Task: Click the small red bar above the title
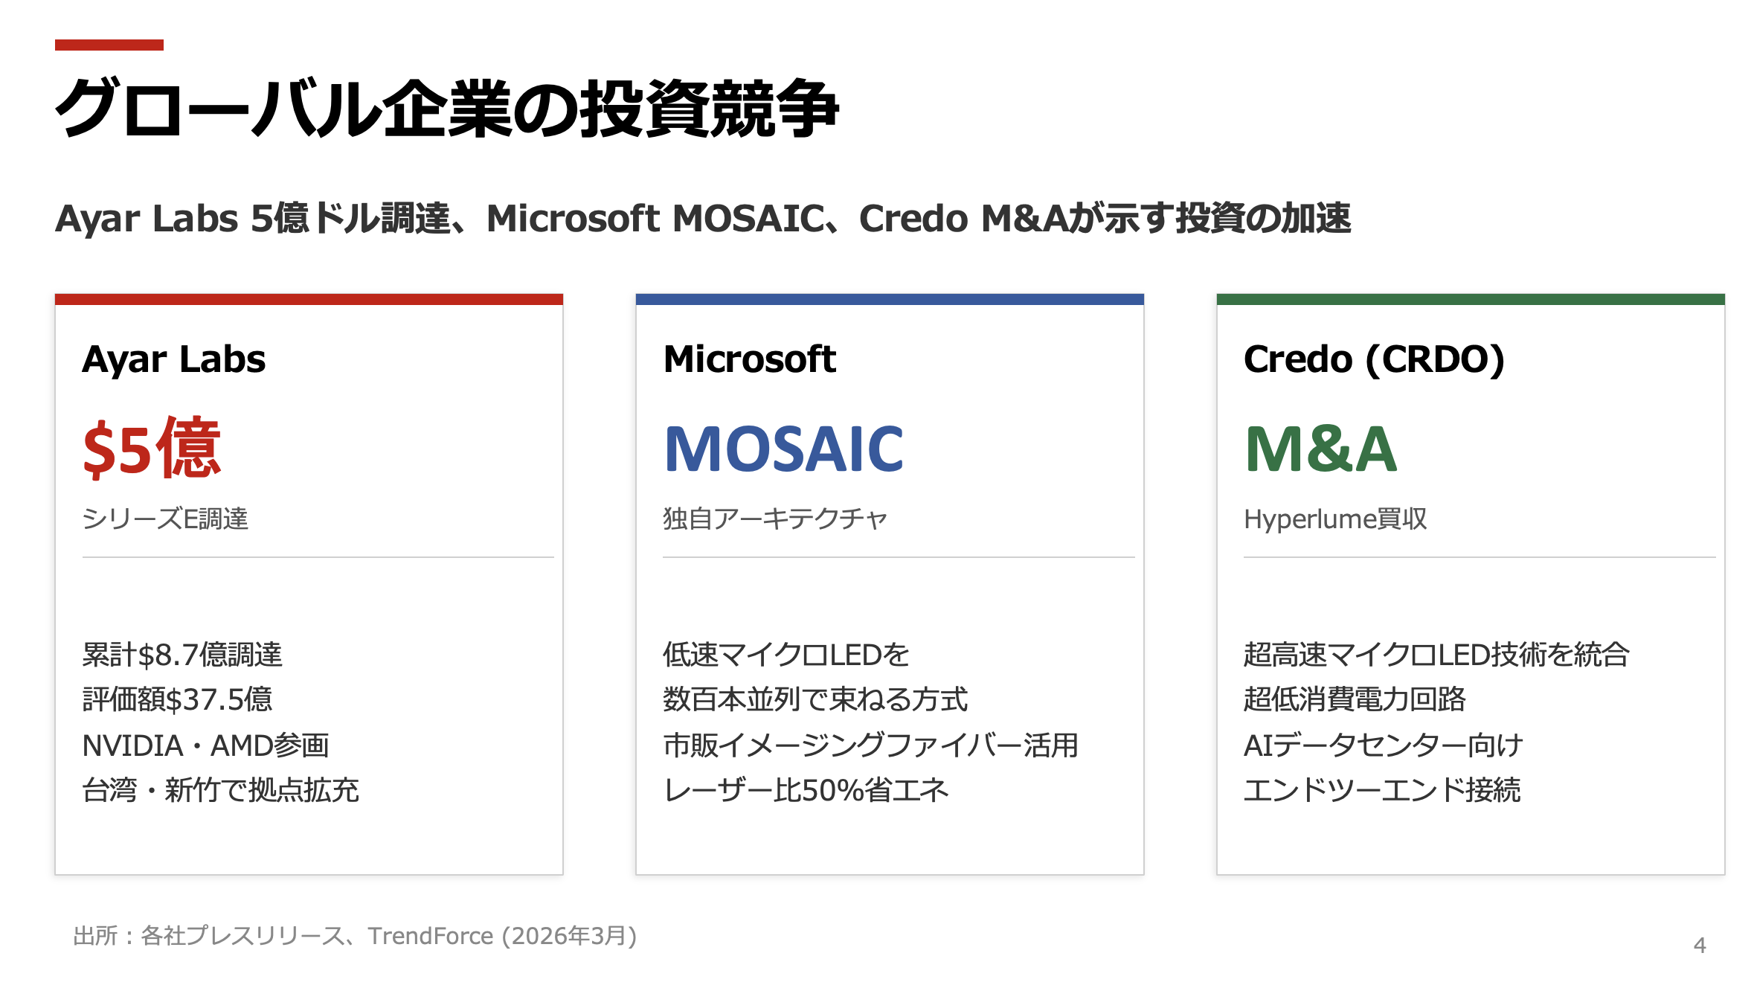tap(109, 45)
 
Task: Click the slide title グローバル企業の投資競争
tap(446, 109)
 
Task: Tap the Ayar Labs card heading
tap(173, 359)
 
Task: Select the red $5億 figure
tap(152, 449)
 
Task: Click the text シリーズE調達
tap(164, 519)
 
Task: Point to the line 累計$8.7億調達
tap(182, 655)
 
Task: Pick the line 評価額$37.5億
tap(177, 699)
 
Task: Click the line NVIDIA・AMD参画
tap(205, 745)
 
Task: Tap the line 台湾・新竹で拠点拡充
tap(220, 790)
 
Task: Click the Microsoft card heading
tap(749, 359)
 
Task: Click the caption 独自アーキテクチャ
tap(774, 519)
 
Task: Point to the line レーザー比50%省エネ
tap(806, 790)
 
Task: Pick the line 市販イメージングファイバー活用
tap(870, 745)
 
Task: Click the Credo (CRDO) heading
tap(1373, 359)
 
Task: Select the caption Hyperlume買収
tap(1334, 519)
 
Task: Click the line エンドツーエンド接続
tap(1381, 790)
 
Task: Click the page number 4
tap(1699, 945)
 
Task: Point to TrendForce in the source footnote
tap(430, 936)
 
